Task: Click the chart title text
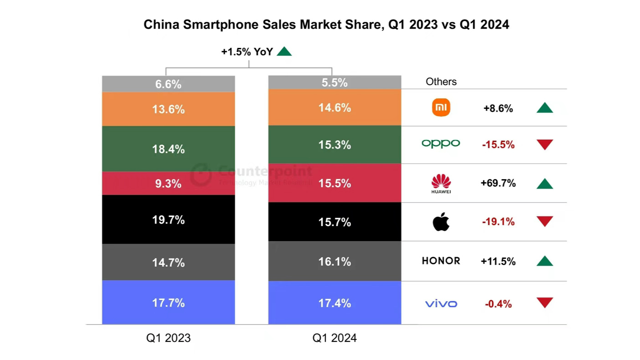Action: click(326, 25)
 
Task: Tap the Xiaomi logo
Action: click(441, 108)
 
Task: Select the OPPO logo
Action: click(441, 144)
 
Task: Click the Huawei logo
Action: click(441, 183)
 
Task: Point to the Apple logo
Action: click(441, 222)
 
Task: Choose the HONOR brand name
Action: click(441, 261)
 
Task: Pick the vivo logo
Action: click(441, 303)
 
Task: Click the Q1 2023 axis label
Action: click(168, 338)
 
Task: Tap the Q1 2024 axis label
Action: click(334, 338)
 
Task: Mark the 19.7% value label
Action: click(168, 220)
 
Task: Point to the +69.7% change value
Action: click(498, 183)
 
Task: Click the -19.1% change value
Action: click(498, 222)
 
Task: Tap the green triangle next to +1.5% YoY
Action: click(284, 51)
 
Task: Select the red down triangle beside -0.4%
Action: click(545, 302)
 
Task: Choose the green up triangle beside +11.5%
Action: click(545, 262)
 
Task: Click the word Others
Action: click(441, 82)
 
